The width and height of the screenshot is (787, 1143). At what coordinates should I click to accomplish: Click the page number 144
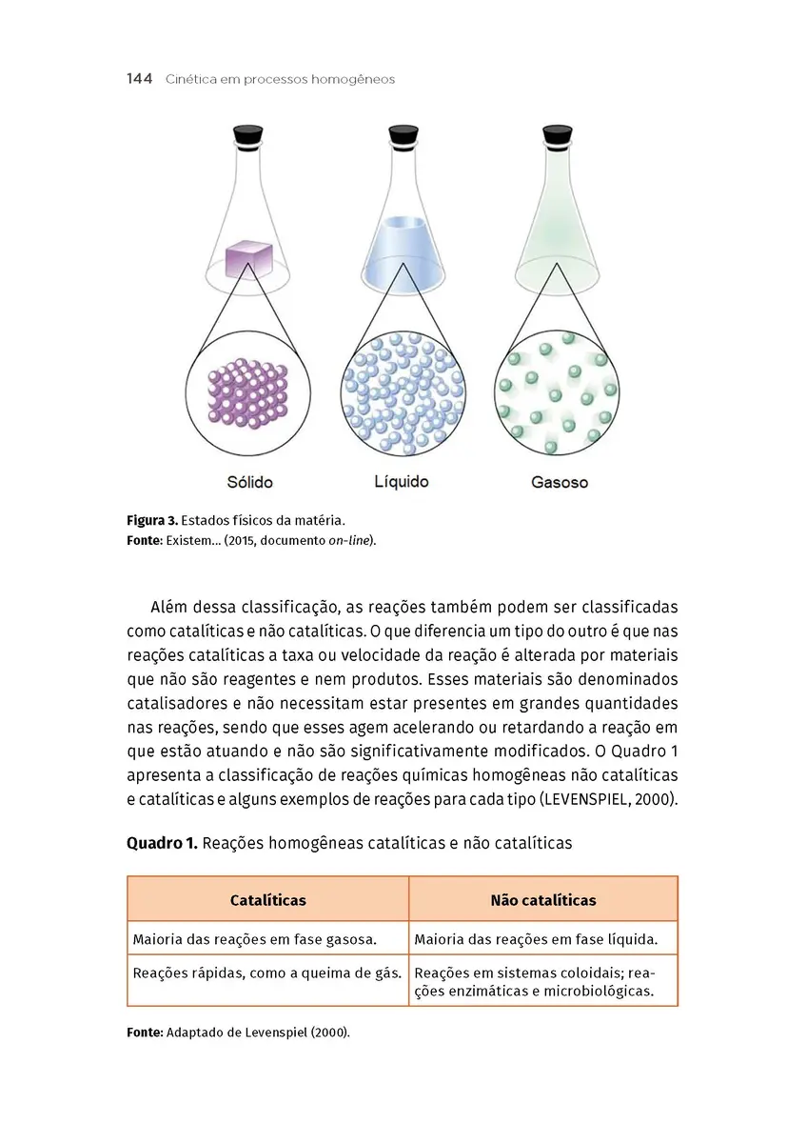coord(139,79)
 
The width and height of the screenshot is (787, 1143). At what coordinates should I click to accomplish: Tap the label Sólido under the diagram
coord(249,482)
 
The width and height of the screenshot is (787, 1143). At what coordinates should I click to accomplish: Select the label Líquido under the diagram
coord(402,481)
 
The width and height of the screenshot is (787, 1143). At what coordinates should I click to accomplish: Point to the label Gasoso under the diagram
coord(559,482)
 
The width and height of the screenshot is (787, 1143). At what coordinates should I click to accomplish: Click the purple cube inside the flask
coord(249,258)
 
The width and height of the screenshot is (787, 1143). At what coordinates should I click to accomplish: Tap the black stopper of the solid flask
coord(249,135)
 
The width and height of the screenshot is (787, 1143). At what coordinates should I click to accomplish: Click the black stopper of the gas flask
coord(557,135)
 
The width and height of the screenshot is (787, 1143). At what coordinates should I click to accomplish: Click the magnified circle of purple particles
coord(248,391)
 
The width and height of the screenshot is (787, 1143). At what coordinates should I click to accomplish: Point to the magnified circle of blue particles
coord(403,391)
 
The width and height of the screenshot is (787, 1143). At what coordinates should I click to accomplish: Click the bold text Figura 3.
coord(151,521)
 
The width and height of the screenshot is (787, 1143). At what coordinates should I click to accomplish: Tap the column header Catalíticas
coord(268,899)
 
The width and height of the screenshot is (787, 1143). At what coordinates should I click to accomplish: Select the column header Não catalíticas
coord(543,899)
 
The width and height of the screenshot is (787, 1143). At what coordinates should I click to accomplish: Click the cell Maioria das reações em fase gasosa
coord(255,939)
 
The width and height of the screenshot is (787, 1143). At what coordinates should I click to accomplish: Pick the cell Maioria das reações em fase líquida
coord(536,939)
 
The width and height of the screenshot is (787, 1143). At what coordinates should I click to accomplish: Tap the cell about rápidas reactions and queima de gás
coord(266,973)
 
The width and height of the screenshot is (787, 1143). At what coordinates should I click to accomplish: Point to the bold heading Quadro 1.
coord(162,843)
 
